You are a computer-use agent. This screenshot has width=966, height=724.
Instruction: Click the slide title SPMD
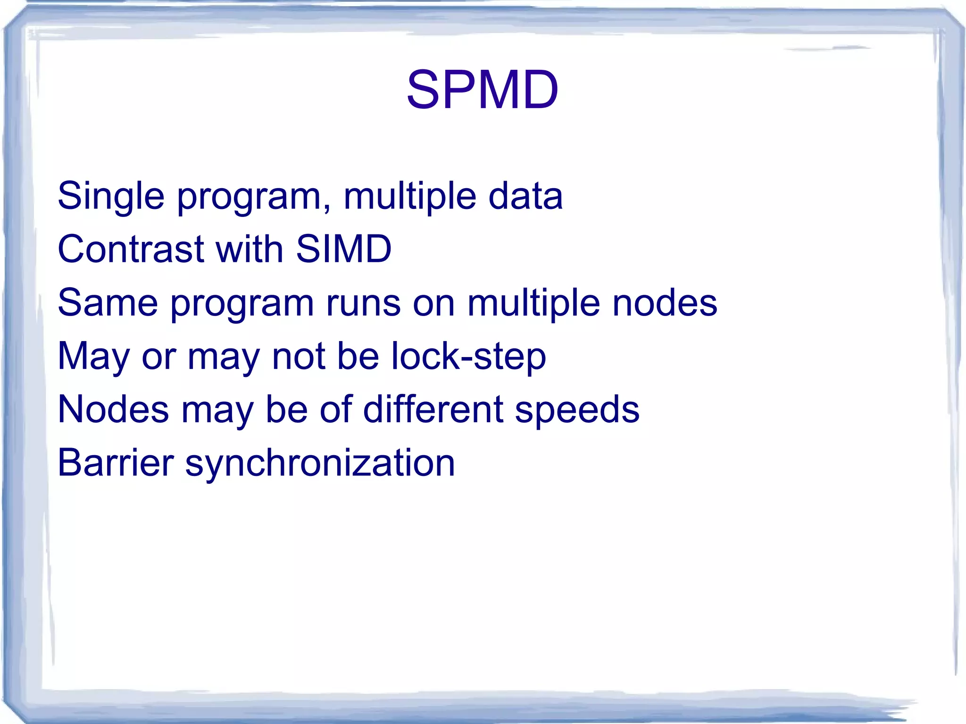482,90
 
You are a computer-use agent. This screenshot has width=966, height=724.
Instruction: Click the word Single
111,196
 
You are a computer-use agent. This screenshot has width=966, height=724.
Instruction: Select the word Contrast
131,249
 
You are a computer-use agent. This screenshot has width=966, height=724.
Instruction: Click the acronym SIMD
343,249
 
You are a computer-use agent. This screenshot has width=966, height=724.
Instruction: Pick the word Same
108,302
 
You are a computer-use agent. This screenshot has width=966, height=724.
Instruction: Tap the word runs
363,302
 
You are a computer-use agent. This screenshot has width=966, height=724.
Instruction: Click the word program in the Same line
242,304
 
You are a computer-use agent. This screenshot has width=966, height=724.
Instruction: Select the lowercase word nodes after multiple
665,302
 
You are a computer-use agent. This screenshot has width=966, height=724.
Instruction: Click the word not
298,356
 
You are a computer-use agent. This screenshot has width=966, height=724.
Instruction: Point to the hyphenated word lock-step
468,357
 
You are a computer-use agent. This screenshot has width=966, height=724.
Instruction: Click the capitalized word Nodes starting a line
113,409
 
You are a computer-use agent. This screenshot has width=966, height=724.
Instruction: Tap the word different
433,409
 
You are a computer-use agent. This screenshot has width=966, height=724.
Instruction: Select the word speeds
577,410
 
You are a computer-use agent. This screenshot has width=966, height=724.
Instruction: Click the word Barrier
116,462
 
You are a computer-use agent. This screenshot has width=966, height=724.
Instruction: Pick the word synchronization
320,464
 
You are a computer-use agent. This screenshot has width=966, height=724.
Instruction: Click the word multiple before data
409,196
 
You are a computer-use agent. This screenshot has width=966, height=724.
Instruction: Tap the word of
336,409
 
